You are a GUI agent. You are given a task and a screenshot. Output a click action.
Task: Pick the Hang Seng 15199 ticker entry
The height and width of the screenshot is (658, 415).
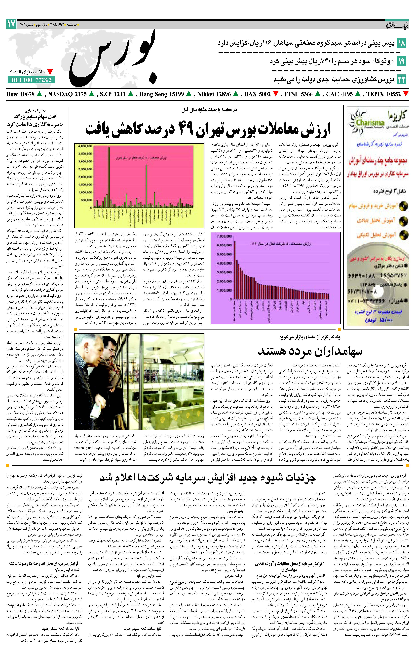click(161, 94)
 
